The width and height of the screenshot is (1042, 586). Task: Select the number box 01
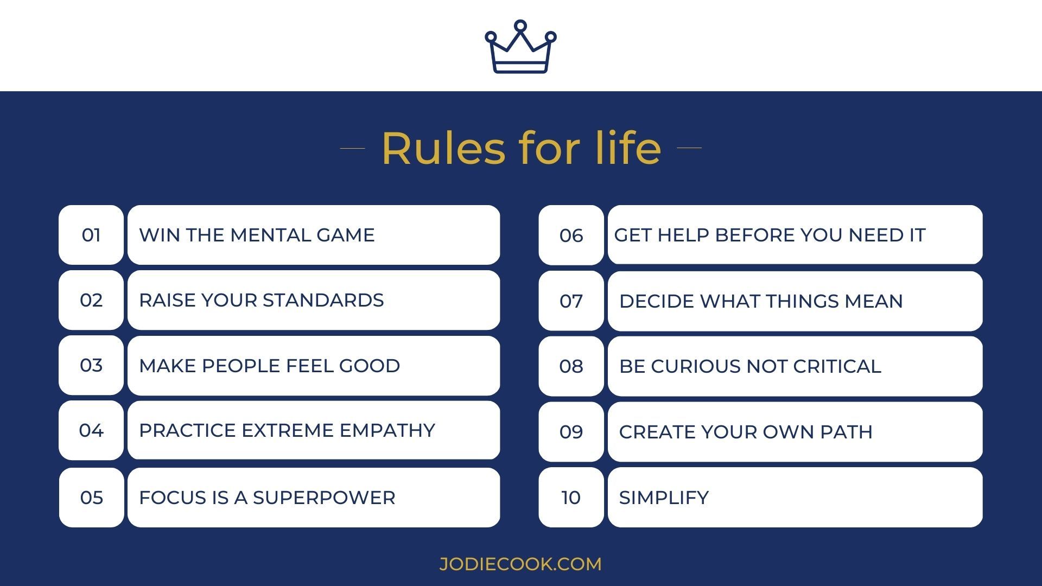tap(91, 235)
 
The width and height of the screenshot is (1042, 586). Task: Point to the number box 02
tap(91, 300)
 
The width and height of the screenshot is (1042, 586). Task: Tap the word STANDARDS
tap(323, 300)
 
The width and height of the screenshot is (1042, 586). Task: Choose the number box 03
tap(91, 365)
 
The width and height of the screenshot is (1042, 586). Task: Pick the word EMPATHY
tap(387, 430)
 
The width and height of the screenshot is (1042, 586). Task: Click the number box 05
tap(91, 498)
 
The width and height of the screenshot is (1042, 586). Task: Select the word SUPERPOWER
tap(324, 498)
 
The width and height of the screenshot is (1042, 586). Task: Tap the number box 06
tap(571, 235)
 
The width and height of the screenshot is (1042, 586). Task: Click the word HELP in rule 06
tap(683, 235)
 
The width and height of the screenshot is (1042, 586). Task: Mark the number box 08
tap(571, 366)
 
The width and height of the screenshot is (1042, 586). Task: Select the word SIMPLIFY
tap(664, 498)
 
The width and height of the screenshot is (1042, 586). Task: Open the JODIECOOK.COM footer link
tap(520, 564)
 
